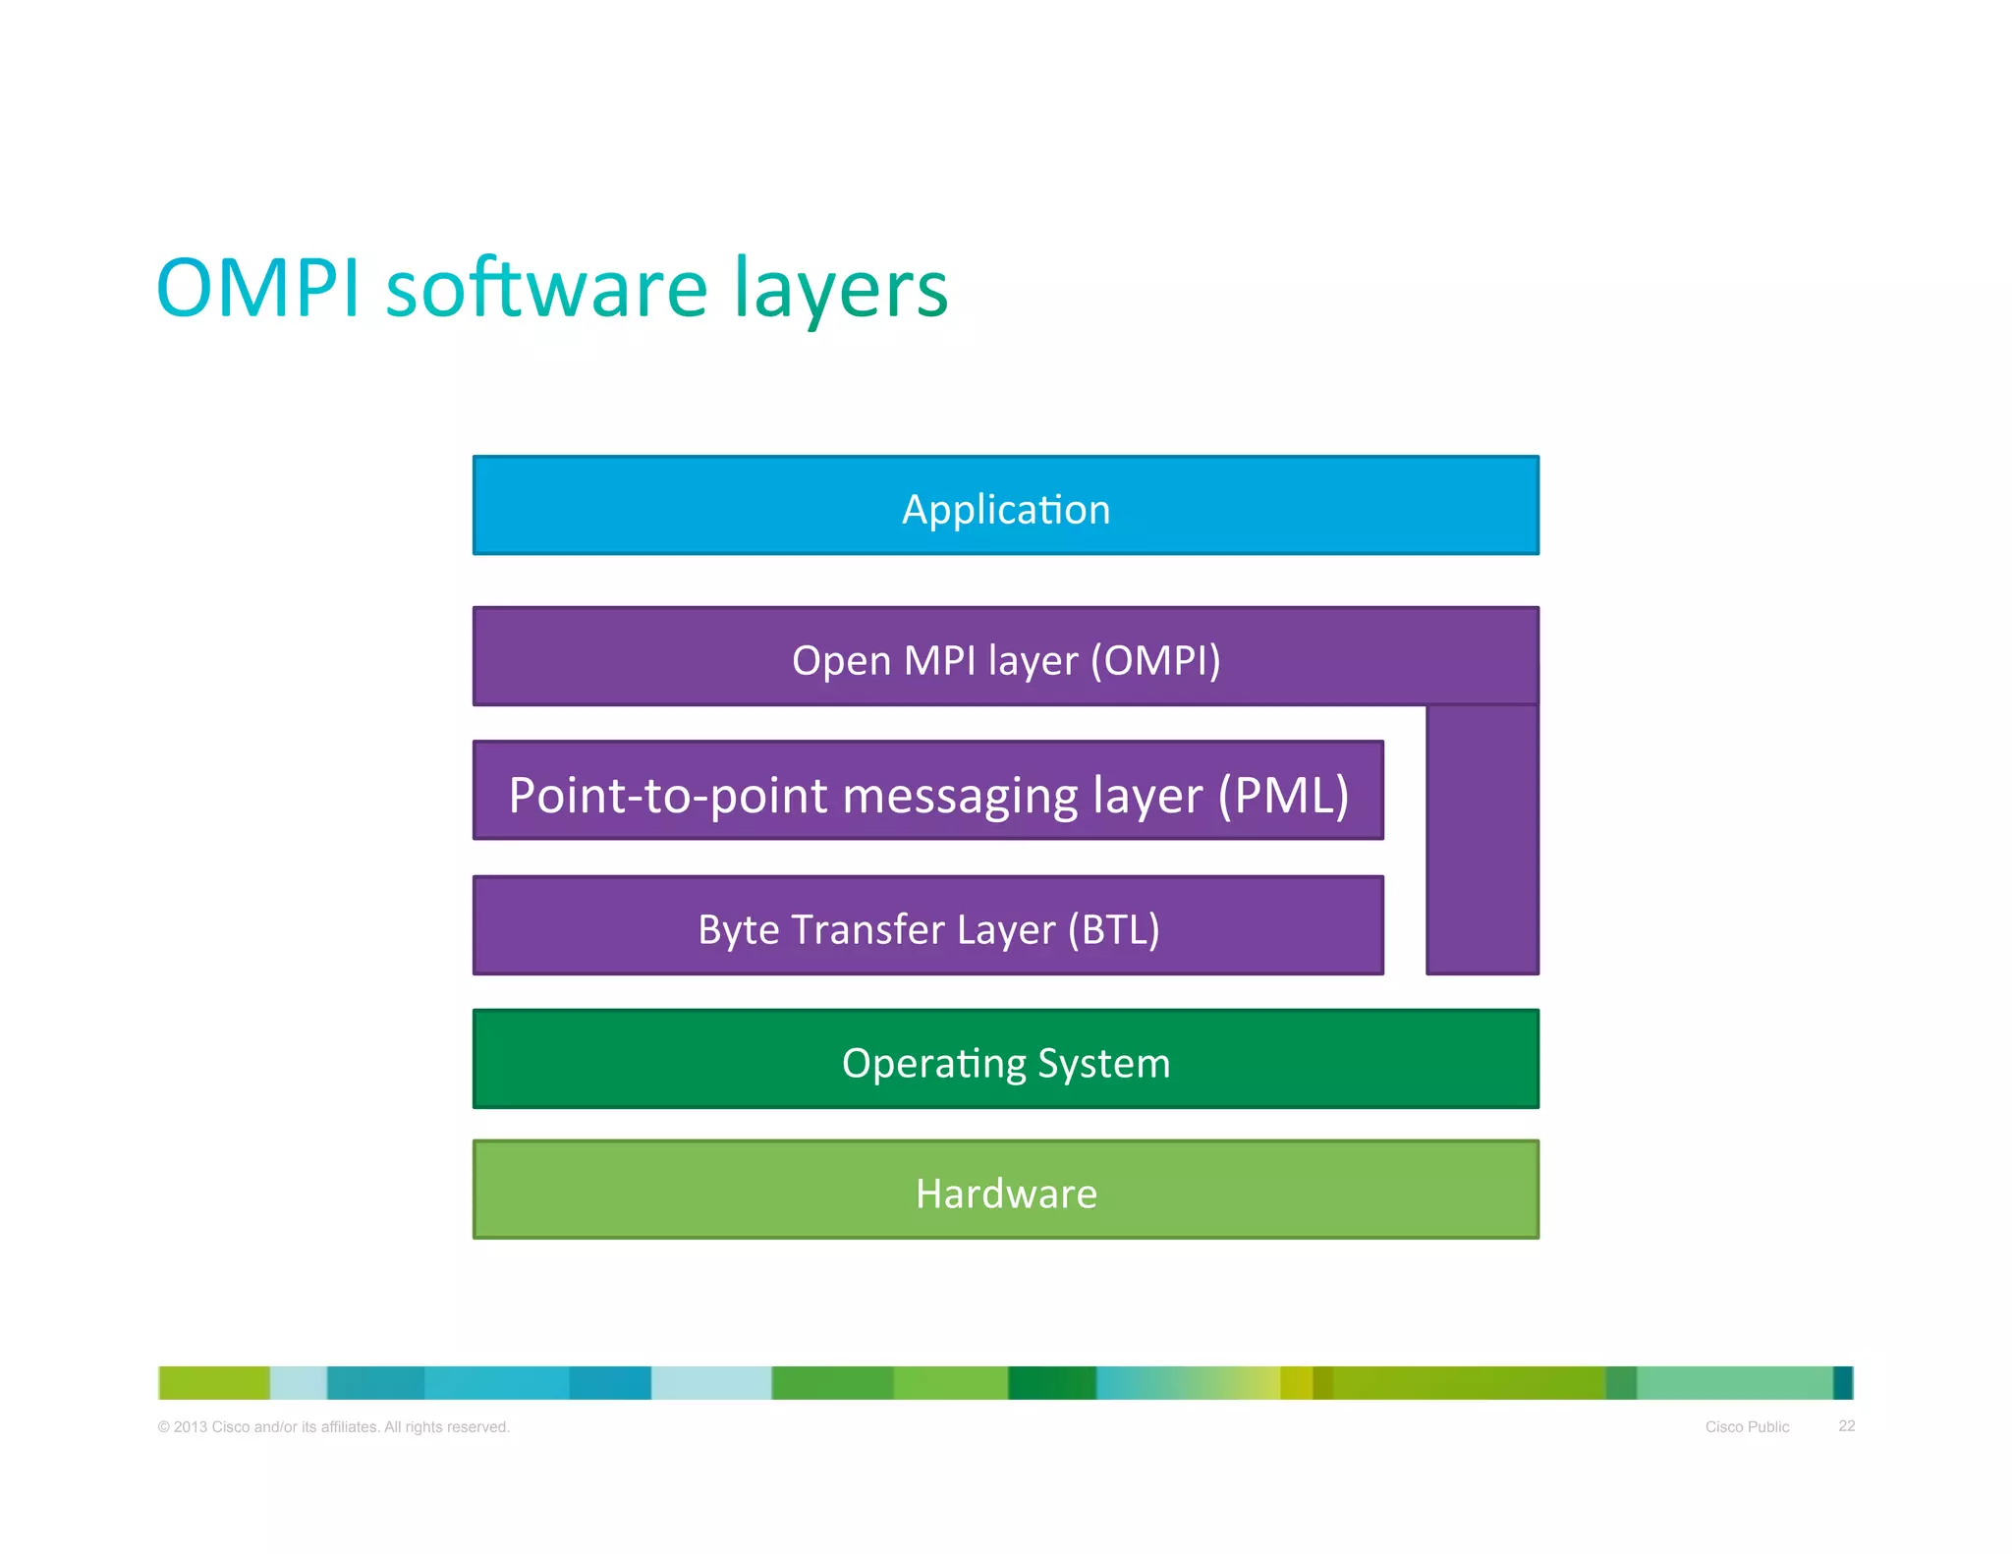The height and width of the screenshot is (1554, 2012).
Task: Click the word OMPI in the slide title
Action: click(257, 289)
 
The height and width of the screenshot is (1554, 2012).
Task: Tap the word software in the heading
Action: click(546, 289)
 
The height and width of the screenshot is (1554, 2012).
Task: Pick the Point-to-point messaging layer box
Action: click(927, 792)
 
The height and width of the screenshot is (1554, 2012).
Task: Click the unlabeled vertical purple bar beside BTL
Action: click(1481, 841)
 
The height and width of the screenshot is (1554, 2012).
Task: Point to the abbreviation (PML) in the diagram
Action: click(1283, 795)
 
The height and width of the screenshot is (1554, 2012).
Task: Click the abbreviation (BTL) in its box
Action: click(1113, 929)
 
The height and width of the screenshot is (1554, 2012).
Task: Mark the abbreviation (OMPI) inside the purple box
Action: click(1155, 660)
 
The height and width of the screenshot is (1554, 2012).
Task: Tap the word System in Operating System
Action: click(1103, 1064)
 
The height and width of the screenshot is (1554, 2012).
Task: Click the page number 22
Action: click(1846, 1425)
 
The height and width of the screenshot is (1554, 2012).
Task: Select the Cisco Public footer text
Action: click(1746, 1426)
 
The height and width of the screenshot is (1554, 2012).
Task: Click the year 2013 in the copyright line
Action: click(190, 1426)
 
